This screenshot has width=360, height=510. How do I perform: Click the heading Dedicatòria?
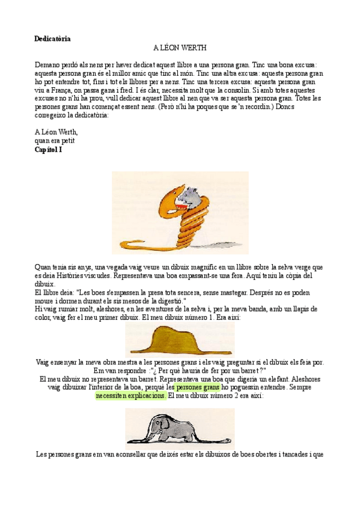[53, 38]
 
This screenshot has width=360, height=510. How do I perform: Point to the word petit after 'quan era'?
[73, 141]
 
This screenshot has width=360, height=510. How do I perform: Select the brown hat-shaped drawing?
[179, 340]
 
